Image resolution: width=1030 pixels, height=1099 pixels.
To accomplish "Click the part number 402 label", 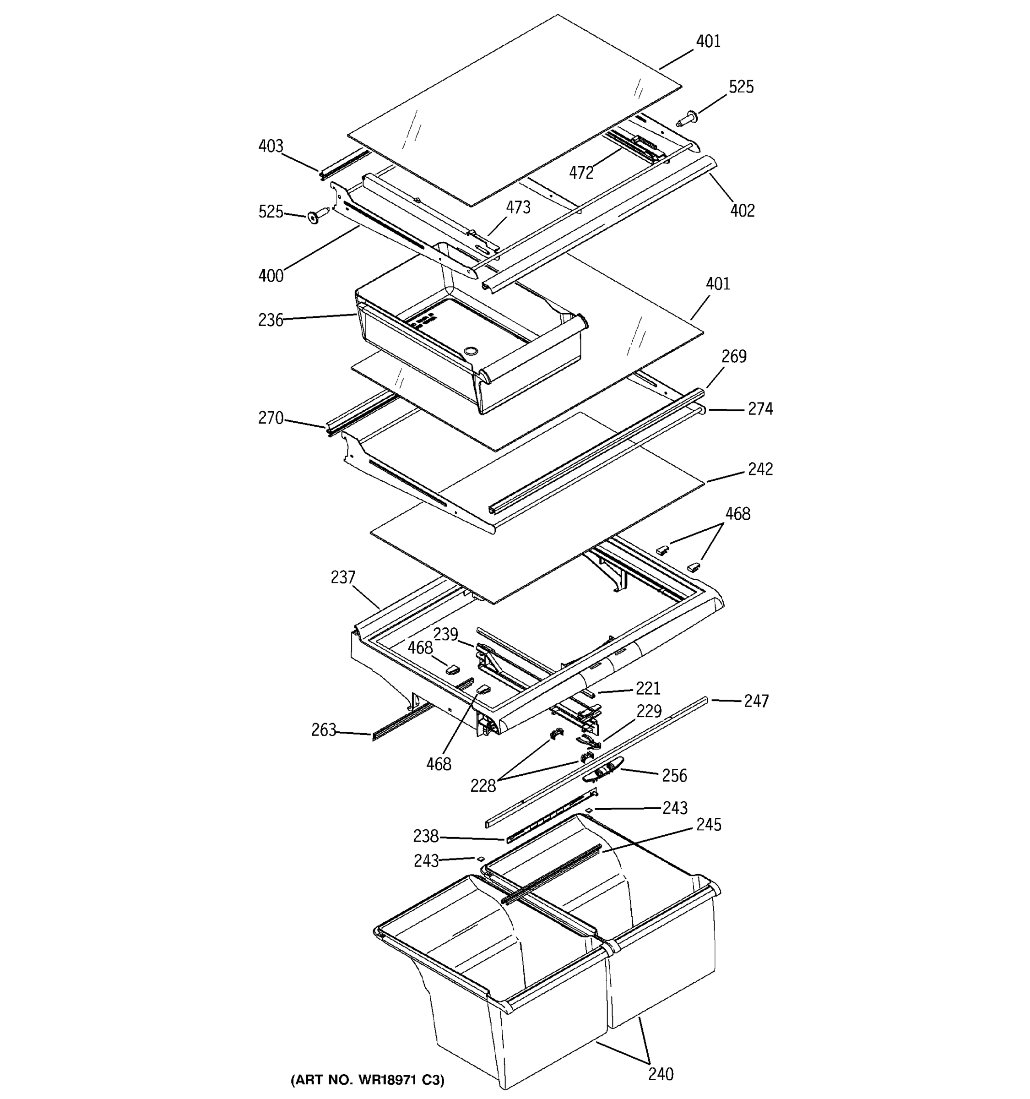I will [742, 211].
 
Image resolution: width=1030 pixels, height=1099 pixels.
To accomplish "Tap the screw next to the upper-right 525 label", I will [688, 118].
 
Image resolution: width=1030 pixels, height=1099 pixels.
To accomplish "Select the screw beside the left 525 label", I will [315, 216].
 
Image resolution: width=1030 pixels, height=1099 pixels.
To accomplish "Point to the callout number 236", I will [270, 320].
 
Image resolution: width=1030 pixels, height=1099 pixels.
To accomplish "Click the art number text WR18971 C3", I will [367, 1080].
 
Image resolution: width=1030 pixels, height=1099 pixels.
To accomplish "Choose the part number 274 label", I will [760, 408].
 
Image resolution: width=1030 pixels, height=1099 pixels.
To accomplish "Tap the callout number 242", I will [760, 469].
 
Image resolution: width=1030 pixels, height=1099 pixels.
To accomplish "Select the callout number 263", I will [323, 730].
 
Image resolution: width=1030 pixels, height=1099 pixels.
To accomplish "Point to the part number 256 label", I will [674, 775].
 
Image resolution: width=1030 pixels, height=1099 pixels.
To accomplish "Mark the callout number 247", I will [756, 701].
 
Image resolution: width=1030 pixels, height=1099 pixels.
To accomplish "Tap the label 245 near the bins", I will [708, 824].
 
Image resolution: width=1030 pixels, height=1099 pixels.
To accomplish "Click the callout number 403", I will [270, 146].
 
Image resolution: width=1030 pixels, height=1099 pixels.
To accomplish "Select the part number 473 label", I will [518, 207].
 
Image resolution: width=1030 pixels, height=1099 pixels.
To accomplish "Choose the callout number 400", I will [270, 275].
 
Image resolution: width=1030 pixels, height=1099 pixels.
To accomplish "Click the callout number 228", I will [482, 785].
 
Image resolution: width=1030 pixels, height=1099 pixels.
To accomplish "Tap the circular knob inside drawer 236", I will [470, 351].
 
